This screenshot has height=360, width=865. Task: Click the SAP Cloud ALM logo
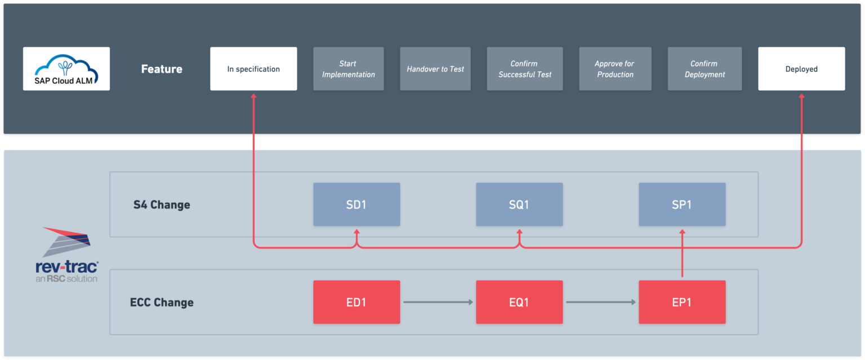click(x=66, y=69)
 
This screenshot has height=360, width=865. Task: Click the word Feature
click(x=162, y=69)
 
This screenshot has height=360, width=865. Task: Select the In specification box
click(x=253, y=69)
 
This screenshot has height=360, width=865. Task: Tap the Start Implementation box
click(x=348, y=69)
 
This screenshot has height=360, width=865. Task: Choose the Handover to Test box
click(x=435, y=69)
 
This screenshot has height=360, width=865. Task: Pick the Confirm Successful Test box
click(x=524, y=69)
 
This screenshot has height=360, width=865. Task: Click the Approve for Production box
click(x=615, y=69)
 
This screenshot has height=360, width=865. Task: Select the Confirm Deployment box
click(x=705, y=69)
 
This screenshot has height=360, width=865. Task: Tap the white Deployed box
click(x=801, y=69)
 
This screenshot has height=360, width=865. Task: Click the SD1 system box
click(x=356, y=205)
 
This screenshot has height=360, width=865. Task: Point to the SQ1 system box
click(x=519, y=205)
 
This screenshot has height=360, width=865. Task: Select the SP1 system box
click(x=682, y=205)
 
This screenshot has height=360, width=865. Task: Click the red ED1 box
click(x=356, y=303)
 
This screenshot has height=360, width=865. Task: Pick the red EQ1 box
click(x=519, y=303)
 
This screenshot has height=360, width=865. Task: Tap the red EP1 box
click(x=682, y=303)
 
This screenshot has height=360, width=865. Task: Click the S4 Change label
click(x=162, y=205)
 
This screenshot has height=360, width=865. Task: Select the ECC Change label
click(x=162, y=303)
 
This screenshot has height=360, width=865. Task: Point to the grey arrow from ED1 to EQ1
click(x=438, y=303)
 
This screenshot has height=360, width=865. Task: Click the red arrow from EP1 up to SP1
click(x=682, y=254)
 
